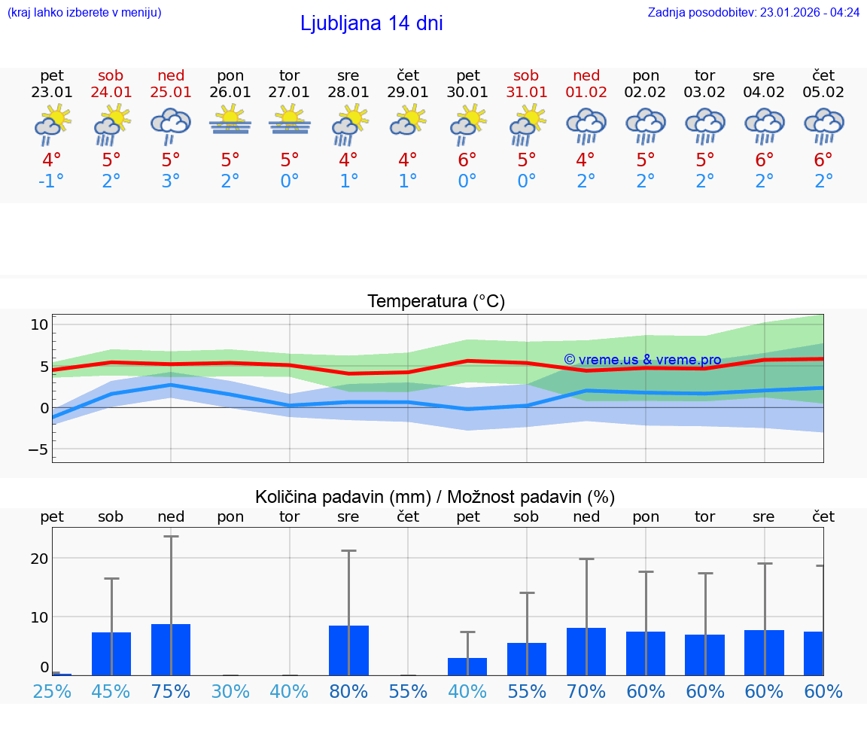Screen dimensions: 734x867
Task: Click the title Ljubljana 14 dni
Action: [371, 23]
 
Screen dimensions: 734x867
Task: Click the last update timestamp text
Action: [753, 12]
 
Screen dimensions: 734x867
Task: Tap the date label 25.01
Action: [170, 93]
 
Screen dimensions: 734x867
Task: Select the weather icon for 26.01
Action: [230, 122]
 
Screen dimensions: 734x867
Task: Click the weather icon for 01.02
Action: [586, 126]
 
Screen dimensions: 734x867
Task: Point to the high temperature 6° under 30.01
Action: [467, 160]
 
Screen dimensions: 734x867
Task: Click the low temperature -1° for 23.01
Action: [51, 181]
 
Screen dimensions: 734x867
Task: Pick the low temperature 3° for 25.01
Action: [170, 181]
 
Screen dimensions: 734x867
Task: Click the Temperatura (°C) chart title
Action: [436, 302]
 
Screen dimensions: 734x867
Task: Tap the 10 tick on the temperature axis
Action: [39, 325]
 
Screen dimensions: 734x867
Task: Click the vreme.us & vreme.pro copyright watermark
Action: [642, 360]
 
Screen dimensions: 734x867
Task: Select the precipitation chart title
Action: [435, 497]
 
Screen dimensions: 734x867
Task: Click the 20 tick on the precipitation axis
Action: [39, 559]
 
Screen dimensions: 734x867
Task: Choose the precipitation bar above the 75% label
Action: [171, 650]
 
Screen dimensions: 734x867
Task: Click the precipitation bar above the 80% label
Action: [348, 650]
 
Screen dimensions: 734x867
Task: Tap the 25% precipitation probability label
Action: [52, 692]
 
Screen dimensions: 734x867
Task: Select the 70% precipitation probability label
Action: [586, 692]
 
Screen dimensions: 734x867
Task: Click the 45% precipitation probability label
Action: [111, 692]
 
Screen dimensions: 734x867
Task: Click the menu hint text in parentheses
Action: [84, 12]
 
